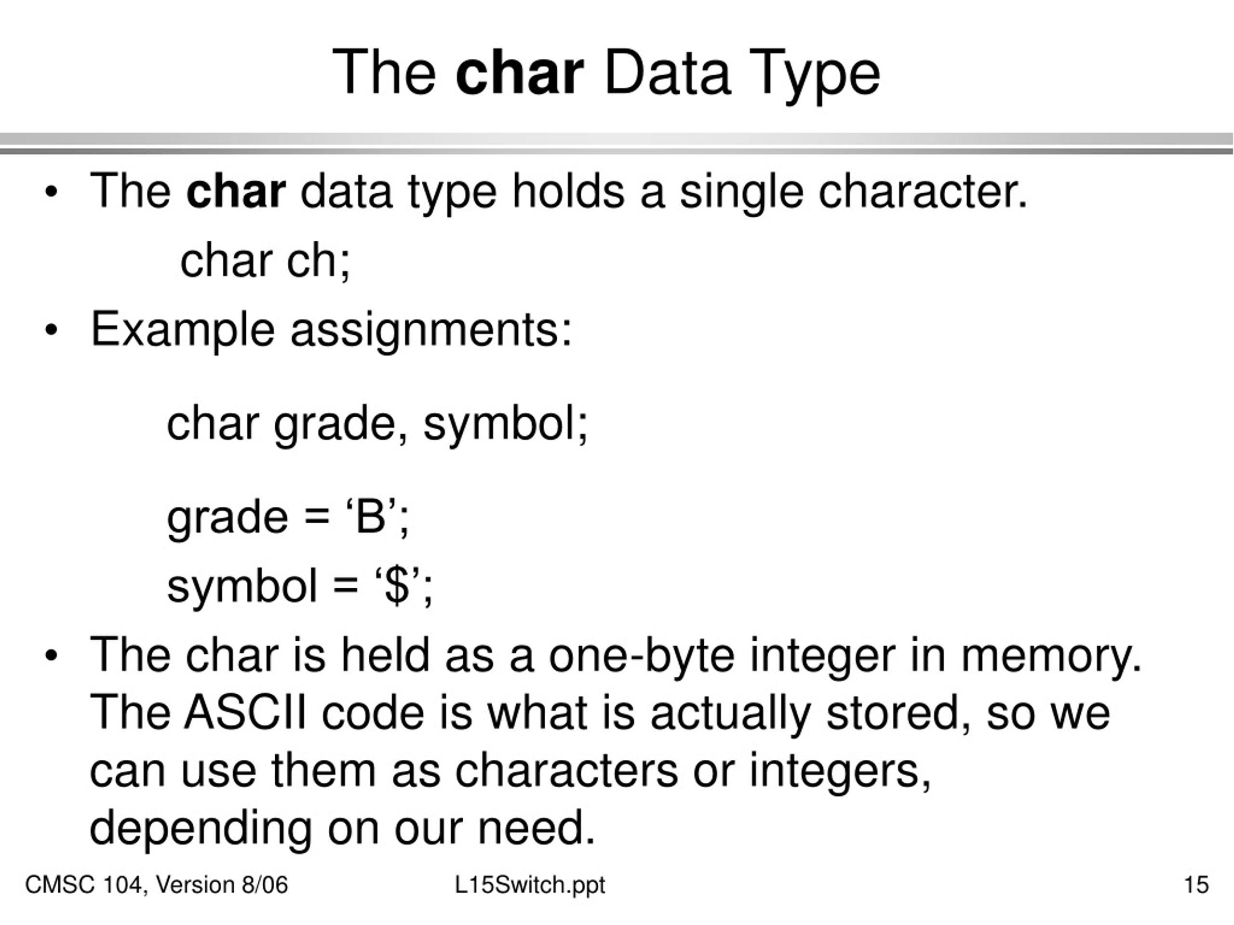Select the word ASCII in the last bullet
click(x=245, y=713)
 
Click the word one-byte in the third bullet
click(x=642, y=656)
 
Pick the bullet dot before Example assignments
click(x=51, y=330)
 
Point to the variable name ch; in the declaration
click(x=319, y=261)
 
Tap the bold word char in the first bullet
click(x=236, y=191)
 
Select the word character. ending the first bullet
click(x=922, y=191)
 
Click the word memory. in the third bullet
click(x=1051, y=656)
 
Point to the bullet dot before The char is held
click(x=51, y=656)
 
